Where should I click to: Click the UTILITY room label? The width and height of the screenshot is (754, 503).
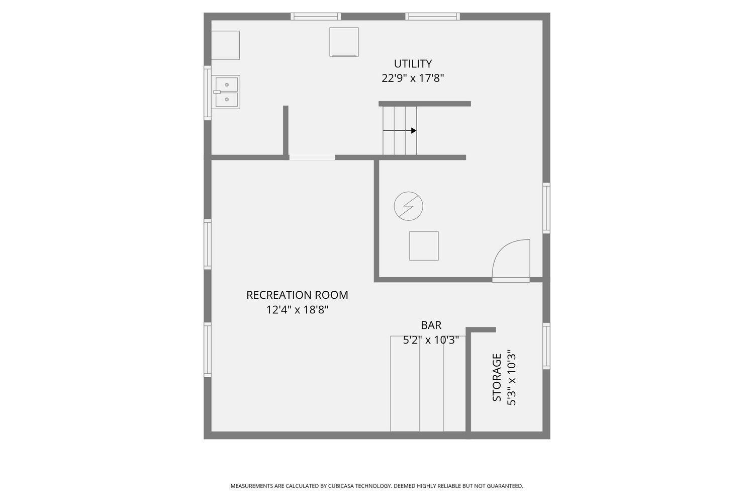pos(413,64)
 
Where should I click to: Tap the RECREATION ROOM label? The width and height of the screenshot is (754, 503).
pos(297,295)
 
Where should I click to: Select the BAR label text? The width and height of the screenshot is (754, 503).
pos(431,325)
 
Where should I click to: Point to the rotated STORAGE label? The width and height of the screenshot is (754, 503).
pos(497,377)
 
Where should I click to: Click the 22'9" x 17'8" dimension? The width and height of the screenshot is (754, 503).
pos(413,78)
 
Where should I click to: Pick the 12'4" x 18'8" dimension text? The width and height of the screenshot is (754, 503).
pos(297,310)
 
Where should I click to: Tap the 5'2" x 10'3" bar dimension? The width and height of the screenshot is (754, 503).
pos(431,340)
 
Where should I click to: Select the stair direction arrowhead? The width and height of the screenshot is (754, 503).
pos(414,130)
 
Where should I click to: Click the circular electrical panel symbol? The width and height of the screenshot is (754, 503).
pos(408,206)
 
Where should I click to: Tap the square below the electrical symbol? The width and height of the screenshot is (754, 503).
pos(424,246)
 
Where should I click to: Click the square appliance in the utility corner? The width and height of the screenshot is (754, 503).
pos(226,45)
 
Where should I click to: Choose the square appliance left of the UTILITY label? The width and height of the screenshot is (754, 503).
pos(344,42)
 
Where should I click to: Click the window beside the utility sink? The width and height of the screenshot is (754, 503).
pos(208,93)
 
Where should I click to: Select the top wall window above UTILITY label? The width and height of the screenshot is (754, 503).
pos(432,17)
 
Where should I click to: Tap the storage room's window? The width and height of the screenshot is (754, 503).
pos(546,346)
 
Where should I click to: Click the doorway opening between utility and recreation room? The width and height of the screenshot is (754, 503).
pos(312,157)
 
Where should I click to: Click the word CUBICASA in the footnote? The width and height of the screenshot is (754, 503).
pos(341,486)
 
